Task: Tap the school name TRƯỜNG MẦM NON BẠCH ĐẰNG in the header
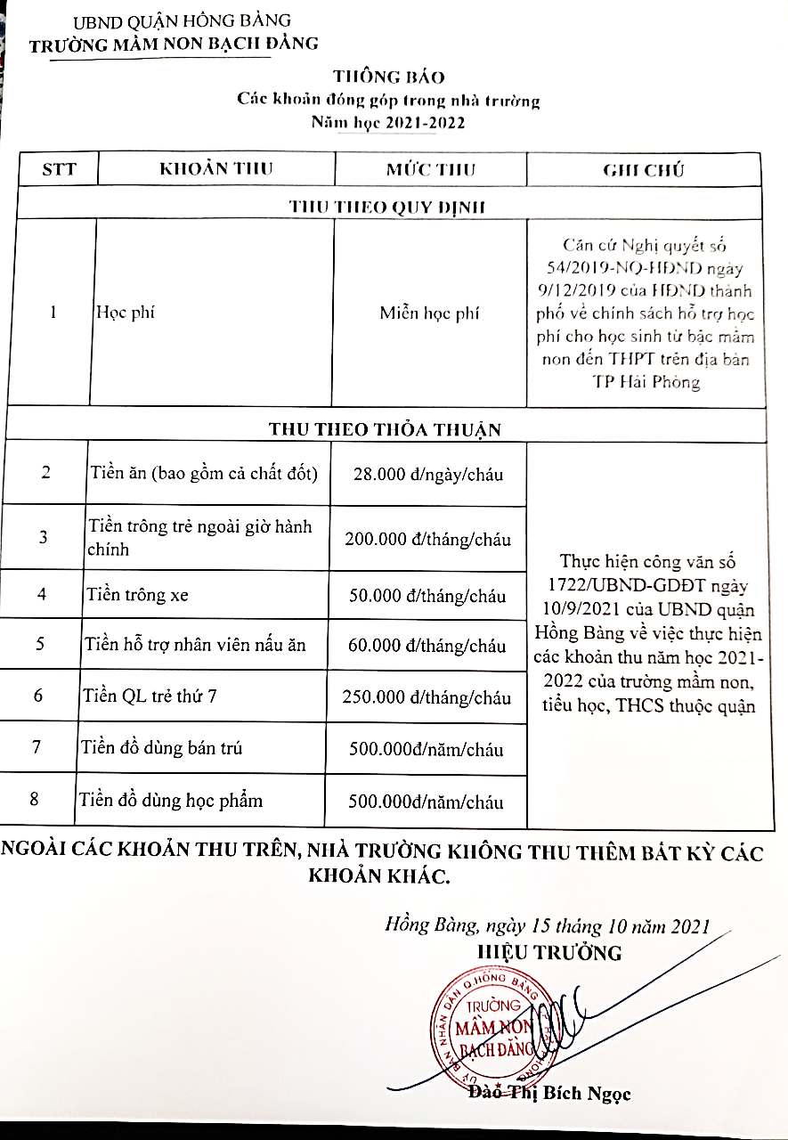point(174,44)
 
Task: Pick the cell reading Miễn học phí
point(429,313)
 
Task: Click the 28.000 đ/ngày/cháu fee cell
point(428,475)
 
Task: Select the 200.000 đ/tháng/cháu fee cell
point(428,540)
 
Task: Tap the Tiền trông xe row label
point(137,595)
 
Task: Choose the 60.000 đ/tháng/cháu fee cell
point(428,646)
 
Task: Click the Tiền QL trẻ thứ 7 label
point(150,696)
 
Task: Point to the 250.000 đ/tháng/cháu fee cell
point(427,696)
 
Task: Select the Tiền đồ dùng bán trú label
point(161,748)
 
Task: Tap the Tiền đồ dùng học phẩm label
point(171,800)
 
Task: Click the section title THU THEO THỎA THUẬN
point(385,429)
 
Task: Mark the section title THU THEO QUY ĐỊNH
point(386,208)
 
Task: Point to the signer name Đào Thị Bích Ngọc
point(549,1092)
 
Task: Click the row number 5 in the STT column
point(41,644)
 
